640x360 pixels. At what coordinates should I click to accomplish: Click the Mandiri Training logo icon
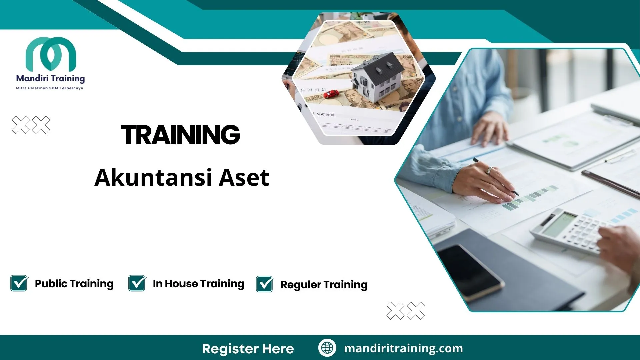coord(51,54)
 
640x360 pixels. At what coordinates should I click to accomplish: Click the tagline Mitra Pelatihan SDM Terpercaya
coord(50,88)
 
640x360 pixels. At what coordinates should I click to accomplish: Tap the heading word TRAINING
coord(180,135)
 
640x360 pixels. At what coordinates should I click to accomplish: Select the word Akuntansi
coord(153,178)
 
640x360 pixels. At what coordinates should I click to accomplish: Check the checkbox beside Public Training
coord(19,283)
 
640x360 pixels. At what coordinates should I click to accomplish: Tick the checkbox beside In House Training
coord(137,283)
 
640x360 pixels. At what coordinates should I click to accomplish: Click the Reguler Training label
coord(324,285)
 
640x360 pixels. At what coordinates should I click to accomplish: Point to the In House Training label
coord(198,284)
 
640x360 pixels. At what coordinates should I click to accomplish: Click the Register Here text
coord(248,349)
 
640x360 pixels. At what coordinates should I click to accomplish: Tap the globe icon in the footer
coord(327,348)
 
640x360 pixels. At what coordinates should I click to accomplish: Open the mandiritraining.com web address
coord(403,348)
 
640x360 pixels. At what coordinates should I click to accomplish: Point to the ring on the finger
coord(489,171)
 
